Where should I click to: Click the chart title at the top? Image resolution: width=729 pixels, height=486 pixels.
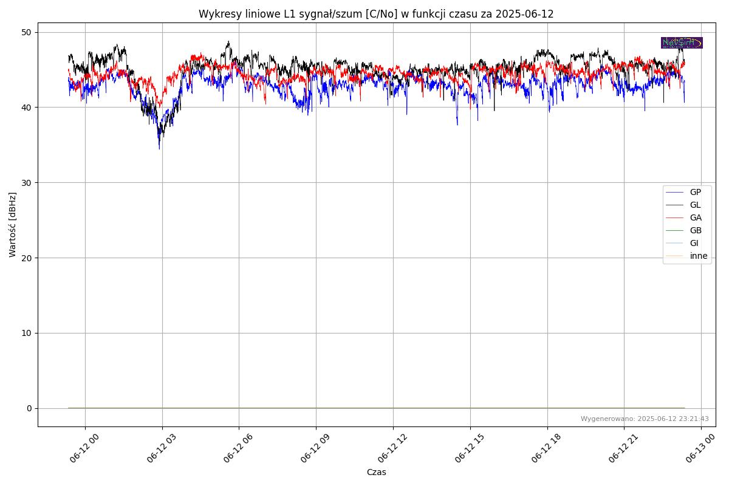click(376, 14)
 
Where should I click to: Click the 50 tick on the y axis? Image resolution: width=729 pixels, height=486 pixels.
click(27, 32)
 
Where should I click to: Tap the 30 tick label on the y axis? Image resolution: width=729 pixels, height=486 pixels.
click(27, 183)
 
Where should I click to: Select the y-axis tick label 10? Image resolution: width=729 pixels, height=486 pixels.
click(27, 333)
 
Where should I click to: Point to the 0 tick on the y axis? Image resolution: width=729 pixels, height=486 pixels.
click(29, 408)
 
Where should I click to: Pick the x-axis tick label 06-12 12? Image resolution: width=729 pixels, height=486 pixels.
click(392, 450)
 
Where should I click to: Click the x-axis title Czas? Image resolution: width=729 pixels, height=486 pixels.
click(376, 472)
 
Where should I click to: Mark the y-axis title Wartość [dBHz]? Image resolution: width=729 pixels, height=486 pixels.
click(13, 224)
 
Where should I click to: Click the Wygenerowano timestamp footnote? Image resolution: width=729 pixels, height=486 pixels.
click(645, 419)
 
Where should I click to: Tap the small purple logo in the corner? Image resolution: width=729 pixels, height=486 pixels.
click(682, 43)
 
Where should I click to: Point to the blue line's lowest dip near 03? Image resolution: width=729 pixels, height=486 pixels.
click(160, 149)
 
